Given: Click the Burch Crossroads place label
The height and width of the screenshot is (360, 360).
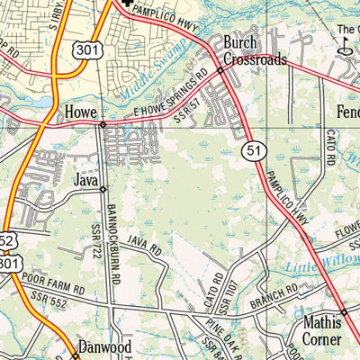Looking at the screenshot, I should pyautogui.click(x=255, y=51).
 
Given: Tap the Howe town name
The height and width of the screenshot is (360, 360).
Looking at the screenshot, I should pyautogui.click(x=80, y=112).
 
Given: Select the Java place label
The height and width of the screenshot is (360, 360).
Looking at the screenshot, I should pyautogui.click(x=85, y=181).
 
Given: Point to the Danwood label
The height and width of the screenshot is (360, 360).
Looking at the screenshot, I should pyautogui.click(x=104, y=346).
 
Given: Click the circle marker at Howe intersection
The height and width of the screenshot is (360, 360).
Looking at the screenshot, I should pyautogui.click(x=103, y=124).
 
